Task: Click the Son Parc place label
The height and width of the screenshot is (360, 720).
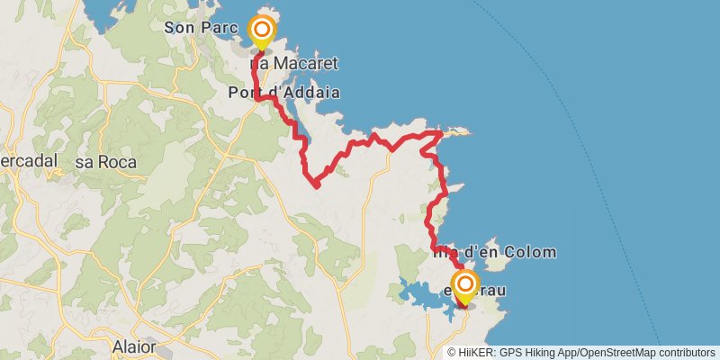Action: [x=194, y=28]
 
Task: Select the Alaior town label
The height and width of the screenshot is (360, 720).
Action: [x=134, y=346]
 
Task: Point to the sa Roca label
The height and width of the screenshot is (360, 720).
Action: [x=105, y=162]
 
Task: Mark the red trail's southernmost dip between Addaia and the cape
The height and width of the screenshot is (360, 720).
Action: [x=316, y=185]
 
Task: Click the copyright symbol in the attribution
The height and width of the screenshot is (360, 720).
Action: [x=452, y=353]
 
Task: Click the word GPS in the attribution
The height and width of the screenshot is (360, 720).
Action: [x=509, y=353]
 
